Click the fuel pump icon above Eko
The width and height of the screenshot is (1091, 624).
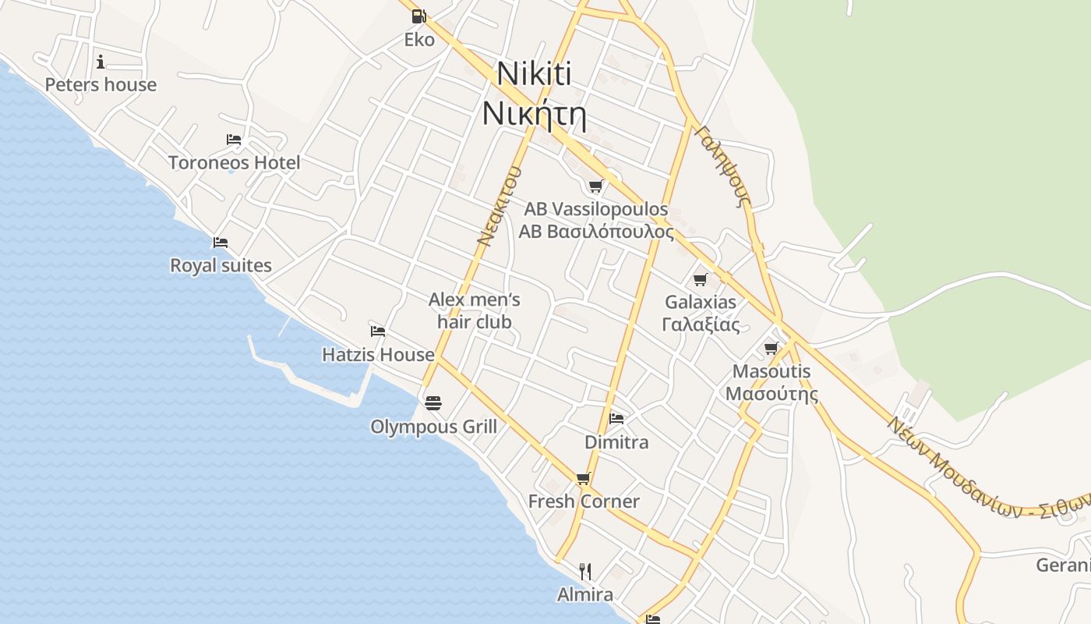point(418,16)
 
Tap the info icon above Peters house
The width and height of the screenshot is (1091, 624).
point(101,62)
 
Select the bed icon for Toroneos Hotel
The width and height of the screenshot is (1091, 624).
point(234,140)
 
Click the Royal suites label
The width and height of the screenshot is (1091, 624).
point(221,265)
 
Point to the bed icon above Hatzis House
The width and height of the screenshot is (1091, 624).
point(378,331)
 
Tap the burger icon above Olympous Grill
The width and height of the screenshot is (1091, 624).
point(433,402)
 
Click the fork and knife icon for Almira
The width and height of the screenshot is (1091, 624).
point(585,572)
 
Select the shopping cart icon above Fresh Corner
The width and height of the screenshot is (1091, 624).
point(583,478)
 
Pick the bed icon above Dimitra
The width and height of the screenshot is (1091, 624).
point(616,418)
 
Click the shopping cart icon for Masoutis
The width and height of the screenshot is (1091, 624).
point(771,348)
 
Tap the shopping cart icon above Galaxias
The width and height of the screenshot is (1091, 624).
point(700,279)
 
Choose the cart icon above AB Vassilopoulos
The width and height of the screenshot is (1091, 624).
point(595,186)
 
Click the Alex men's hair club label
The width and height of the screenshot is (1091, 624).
point(475,310)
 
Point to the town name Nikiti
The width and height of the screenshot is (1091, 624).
point(534,74)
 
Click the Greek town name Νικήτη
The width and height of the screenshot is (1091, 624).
point(534,114)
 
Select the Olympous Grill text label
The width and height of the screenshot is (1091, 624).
point(433,427)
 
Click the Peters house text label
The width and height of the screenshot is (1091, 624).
point(101,85)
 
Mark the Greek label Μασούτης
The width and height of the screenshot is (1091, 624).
point(771,393)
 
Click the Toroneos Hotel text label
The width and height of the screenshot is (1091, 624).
point(235,163)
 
